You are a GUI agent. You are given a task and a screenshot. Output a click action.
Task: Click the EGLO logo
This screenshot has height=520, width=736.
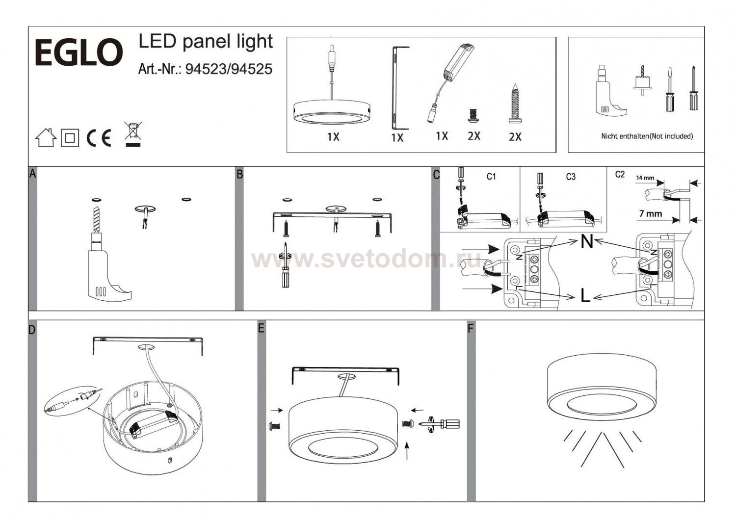[x=79, y=52]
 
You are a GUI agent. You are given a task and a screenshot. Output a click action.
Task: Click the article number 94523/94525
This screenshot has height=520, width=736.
[x=229, y=69]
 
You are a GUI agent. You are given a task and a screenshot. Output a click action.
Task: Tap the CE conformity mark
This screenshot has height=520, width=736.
[x=99, y=138]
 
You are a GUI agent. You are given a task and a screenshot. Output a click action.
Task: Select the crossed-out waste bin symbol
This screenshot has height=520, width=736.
[x=133, y=134]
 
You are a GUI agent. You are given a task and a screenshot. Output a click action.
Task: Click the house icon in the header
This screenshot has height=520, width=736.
[x=46, y=137]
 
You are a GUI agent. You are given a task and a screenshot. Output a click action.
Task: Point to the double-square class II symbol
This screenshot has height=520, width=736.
[x=70, y=138]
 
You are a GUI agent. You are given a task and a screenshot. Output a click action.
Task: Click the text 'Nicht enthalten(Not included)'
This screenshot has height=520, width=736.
[x=647, y=136]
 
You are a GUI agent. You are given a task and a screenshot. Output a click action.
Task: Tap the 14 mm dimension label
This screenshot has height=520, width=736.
[x=645, y=178]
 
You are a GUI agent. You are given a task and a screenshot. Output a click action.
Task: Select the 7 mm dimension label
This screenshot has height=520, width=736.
[x=650, y=214]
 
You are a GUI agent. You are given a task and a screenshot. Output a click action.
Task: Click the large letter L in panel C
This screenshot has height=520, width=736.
[x=585, y=295]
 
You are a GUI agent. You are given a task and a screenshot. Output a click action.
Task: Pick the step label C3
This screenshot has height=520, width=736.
[x=571, y=177]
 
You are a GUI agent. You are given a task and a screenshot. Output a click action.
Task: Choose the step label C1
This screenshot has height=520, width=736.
[x=491, y=177]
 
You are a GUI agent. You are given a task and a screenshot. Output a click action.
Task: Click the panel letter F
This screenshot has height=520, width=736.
[x=471, y=328]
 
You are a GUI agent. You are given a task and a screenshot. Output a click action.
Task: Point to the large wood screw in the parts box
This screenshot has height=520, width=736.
[x=514, y=104]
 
